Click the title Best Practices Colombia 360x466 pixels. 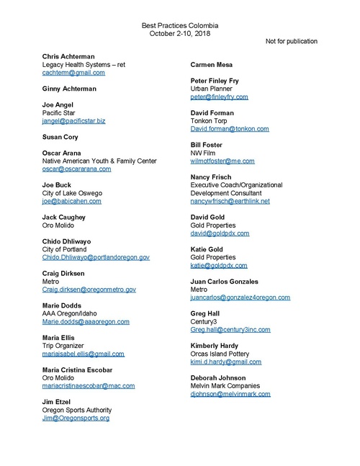tap(180, 25)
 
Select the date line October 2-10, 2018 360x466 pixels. tap(180, 33)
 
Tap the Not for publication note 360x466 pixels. tap(292, 41)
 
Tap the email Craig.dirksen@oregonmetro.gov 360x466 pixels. tap(89, 290)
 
